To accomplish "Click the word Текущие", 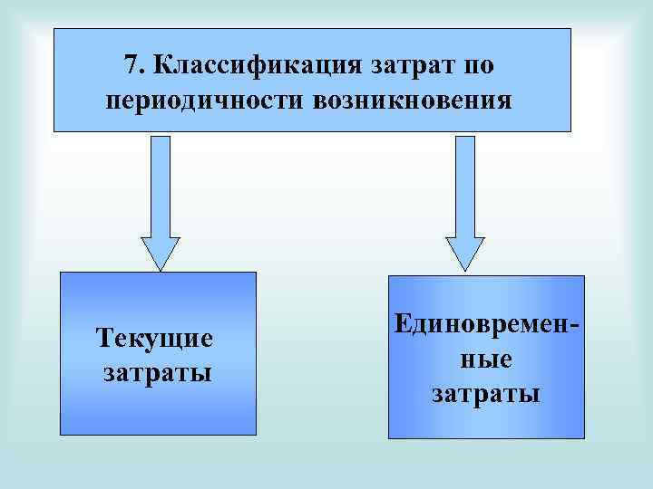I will pos(154,339).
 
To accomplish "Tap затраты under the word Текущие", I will pos(157,371).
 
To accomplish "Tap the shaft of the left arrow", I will pos(161,186).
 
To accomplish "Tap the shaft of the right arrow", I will pos(464,186).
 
